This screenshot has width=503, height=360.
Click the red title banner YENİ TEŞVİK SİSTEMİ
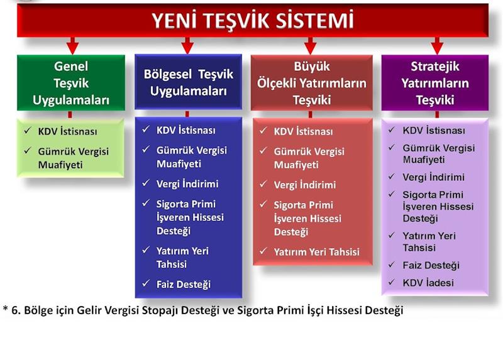(x=253, y=20)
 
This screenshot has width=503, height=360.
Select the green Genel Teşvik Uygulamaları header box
(x=71, y=83)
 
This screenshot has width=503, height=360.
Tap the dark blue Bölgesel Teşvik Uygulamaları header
(x=188, y=82)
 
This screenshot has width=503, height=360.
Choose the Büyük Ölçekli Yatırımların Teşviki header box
(x=311, y=83)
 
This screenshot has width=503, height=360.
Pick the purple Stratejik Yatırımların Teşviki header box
(x=435, y=83)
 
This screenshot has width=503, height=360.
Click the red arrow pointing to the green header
(x=72, y=45)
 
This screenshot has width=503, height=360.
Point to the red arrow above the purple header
(x=437, y=45)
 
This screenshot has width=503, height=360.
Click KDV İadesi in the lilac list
(x=428, y=283)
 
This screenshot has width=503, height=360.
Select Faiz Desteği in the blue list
(x=184, y=285)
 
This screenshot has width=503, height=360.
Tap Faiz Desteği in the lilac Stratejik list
(x=431, y=265)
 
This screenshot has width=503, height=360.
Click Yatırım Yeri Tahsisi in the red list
(x=317, y=252)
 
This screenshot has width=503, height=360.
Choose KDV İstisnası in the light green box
(x=67, y=131)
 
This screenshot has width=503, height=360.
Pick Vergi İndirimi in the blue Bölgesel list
(x=187, y=184)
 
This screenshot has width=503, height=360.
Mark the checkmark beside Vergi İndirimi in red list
(x=263, y=184)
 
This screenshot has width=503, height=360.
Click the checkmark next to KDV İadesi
(x=391, y=282)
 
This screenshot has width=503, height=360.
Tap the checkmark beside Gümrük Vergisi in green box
(x=28, y=150)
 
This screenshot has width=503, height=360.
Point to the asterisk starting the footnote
(x=6, y=308)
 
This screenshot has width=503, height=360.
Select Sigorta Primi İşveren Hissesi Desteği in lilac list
(x=438, y=207)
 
